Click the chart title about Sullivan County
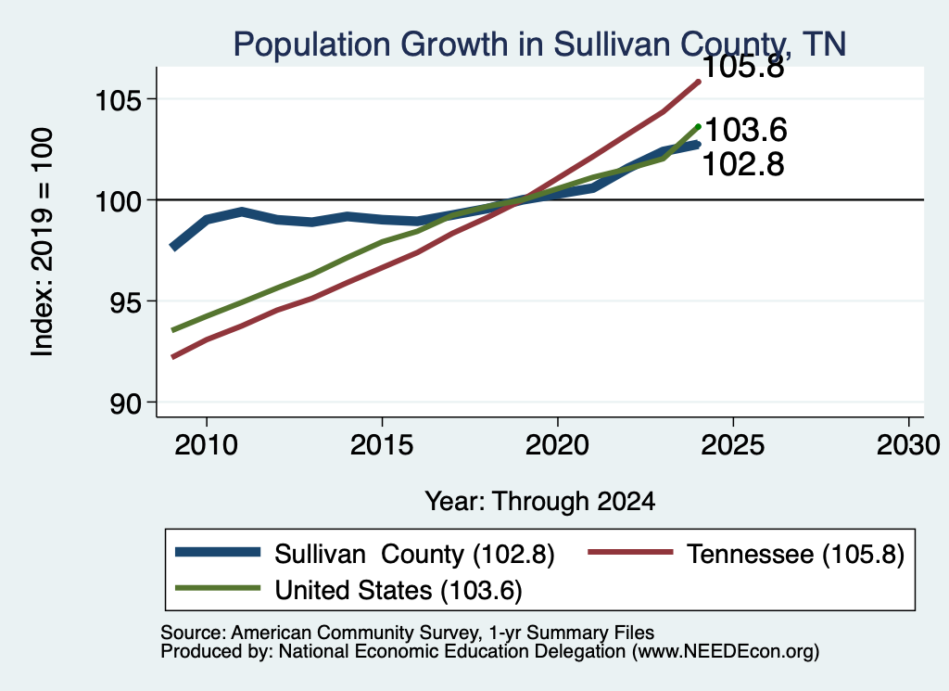click(539, 44)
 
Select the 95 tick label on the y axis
click(126, 301)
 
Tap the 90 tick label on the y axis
click(126, 403)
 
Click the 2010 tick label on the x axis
click(207, 445)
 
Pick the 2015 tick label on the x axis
click(382, 445)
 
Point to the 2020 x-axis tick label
click(557, 445)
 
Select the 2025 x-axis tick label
click(733, 445)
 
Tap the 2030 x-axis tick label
click(908, 445)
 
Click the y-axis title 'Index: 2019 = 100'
click(42, 242)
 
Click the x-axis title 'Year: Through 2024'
click(540, 502)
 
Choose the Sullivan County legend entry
click(364, 554)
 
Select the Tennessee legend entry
click(746, 554)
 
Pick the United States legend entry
click(348, 590)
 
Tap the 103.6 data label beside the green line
click(746, 130)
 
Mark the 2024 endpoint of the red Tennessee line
click(699, 81)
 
